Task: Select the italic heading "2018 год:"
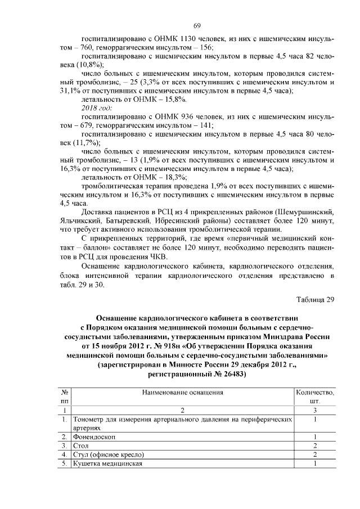point(97,107)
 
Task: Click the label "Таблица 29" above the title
point(314,299)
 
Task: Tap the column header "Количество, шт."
point(315,397)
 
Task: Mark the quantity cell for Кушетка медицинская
point(315,463)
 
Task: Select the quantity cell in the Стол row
point(315,445)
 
